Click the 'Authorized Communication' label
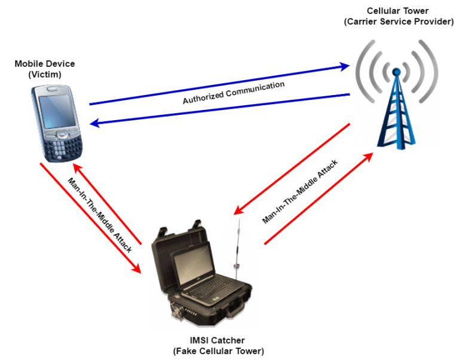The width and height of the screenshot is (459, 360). (234, 93)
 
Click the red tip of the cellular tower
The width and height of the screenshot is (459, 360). (396, 73)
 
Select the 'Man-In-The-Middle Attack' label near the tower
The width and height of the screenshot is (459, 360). (301, 191)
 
